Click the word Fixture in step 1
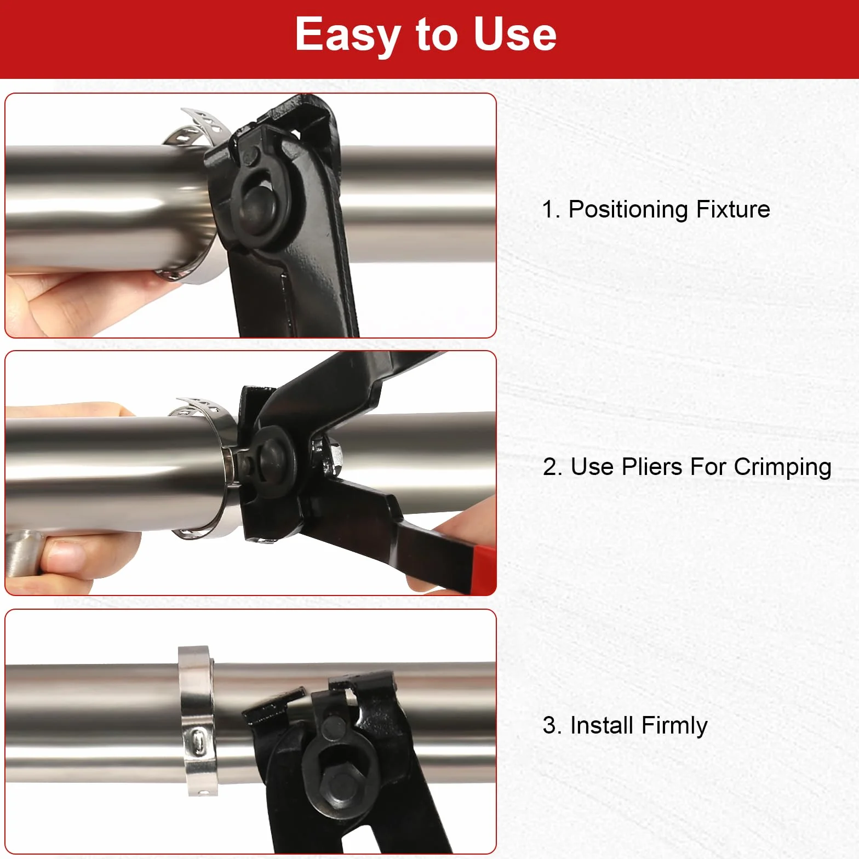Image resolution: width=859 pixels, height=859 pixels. [733, 209]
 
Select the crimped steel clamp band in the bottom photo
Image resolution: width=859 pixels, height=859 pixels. [197, 721]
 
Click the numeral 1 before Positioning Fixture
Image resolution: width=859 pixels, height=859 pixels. [548, 210]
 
